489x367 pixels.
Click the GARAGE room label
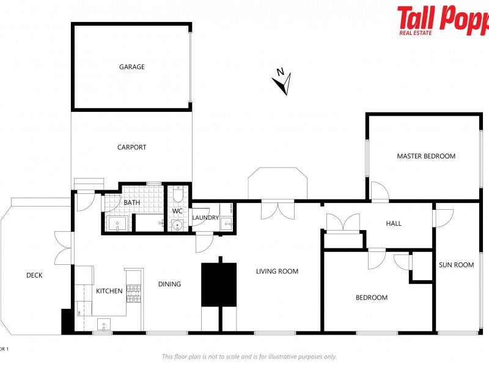tap(131, 67)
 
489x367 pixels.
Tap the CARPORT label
tap(131, 147)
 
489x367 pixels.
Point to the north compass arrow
tap(282, 81)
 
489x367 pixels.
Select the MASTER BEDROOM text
tap(426, 156)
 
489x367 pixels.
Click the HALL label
tap(394, 223)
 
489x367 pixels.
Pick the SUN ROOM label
tap(456, 265)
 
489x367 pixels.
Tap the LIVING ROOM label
tap(277, 271)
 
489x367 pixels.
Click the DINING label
tap(169, 284)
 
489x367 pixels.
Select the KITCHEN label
tap(109, 291)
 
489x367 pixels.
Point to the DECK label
tap(34, 275)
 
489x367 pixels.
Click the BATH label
tap(132, 202)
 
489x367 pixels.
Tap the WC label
tap(177, 211)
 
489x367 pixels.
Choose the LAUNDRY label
tap(205, 217)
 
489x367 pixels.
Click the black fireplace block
tap(219, 284)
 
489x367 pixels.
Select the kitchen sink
tap(104, 324)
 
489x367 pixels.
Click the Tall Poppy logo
tap(443, 20)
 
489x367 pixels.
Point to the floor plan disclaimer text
tap(249, 357)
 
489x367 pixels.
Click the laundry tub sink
tap(227, 224)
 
